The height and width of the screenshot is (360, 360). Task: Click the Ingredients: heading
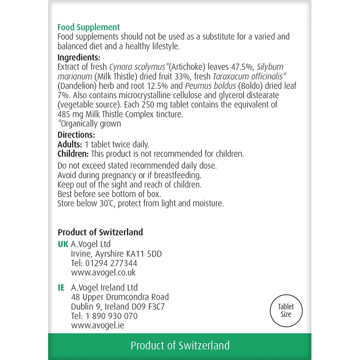point(79,58)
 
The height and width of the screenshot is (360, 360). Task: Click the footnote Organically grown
point(90,124)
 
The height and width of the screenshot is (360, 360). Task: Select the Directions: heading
point(76,135)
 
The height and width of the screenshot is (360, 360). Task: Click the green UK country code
point(63,244)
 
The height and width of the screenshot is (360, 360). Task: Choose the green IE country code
point(61,288)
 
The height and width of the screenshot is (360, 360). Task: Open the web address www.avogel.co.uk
point(103,273)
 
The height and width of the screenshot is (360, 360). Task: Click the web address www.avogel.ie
point(98,325)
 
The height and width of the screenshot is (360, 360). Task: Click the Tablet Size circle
point(287,310)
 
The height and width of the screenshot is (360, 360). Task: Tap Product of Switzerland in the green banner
point(180,346)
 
